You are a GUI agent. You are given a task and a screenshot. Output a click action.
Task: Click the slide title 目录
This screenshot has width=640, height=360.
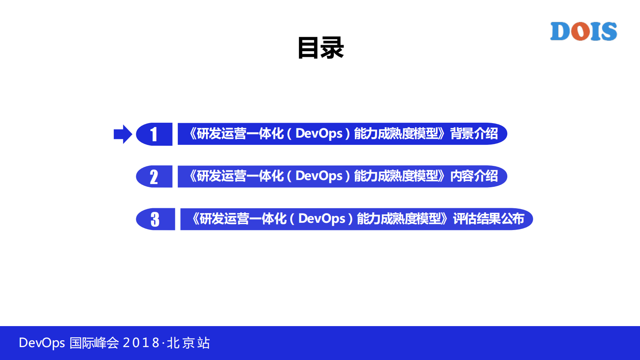tap(321, 48)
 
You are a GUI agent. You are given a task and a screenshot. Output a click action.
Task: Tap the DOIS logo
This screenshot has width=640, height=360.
tap(583, 31)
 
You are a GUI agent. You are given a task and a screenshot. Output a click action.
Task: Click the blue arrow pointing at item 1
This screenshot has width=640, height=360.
tap(123, 134)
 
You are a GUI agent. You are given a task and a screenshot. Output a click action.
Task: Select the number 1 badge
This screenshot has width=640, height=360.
tap(154, 134)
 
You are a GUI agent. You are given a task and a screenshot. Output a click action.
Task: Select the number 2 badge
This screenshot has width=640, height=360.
tap(154, 177)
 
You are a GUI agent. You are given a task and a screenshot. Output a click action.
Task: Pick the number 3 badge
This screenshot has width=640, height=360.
tap(155, 219)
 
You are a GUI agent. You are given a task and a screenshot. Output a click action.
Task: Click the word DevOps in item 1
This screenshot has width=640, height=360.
tap(319, 134)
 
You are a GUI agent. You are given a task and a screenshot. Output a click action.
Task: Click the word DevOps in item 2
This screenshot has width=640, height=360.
tap(319, 176)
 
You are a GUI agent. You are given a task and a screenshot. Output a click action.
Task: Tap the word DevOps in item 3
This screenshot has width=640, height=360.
tap(321, 219)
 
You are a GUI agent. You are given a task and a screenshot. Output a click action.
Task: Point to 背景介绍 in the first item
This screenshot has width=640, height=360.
tap(474, 134)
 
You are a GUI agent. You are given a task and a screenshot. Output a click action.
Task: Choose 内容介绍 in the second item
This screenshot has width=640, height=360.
tap(474, 176)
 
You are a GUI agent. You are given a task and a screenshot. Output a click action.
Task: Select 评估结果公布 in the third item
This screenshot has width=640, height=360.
tap(488, 219)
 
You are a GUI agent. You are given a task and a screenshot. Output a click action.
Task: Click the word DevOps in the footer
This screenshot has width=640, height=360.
tap(42, 343)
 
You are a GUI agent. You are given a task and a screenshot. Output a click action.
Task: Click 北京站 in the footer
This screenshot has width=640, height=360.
tap(188, 343)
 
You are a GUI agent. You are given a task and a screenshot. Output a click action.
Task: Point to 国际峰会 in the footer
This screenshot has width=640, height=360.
tap(94, 343)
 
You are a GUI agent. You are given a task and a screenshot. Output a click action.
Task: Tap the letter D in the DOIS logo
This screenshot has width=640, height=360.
tap(560, 31)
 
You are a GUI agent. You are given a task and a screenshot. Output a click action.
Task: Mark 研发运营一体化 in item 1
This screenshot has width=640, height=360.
tap(240, 134)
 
